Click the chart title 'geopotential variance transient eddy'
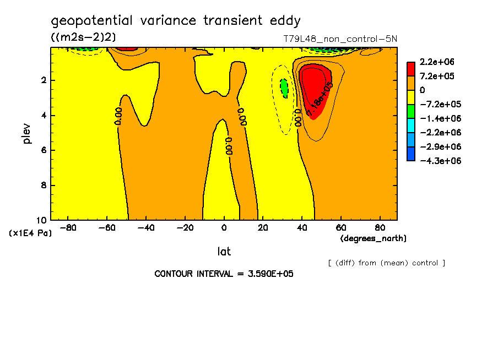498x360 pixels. (176, 21)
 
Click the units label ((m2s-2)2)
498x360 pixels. (83, 37)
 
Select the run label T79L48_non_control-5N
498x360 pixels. (339, 39)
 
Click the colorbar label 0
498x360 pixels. (423, 90)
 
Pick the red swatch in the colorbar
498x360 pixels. (411, 68)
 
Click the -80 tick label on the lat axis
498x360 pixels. (68, 227)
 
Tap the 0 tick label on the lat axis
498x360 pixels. (224, 227)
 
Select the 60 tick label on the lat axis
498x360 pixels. (340, 227)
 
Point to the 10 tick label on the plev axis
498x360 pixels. (42, 220)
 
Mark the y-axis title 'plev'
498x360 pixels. (26, 133)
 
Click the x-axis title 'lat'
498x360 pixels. (224, 252)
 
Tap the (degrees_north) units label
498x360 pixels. (373, 238)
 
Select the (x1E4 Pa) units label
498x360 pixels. (30, 233)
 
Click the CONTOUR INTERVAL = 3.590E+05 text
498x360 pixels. (224, 274)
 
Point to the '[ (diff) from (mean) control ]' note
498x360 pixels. (386, 263)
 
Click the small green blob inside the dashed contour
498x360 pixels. (284, 87)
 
